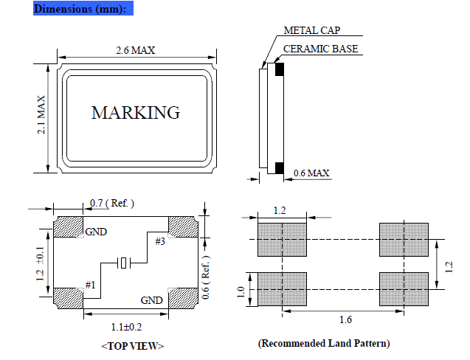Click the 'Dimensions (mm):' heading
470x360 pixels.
(83, 9)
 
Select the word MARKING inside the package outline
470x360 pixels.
(135, 113)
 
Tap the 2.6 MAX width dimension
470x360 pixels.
(135, 50)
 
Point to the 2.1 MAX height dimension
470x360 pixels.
(43, 115)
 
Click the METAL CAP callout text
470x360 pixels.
(312, 31)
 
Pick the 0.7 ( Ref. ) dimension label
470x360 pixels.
(112, 203)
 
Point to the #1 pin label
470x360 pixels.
(91, 285)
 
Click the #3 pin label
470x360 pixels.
(160, 241)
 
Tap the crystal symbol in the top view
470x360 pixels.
(125, 263)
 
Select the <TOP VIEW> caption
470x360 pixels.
(133, 345)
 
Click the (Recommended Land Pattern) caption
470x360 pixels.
(324, 344)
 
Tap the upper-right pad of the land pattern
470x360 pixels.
(404, 240)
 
